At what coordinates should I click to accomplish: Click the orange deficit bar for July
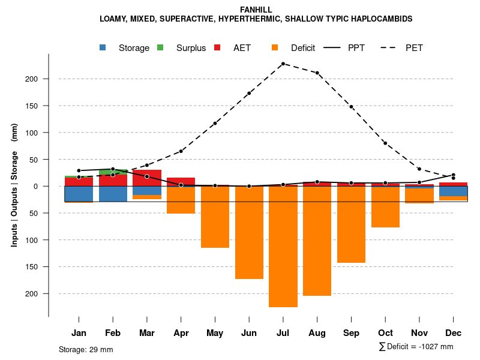point(283,247)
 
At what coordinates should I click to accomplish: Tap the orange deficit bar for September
point(351,225)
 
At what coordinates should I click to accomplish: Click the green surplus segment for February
point(113,172)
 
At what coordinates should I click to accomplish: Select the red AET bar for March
point(147,178)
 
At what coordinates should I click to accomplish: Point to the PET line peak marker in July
point(283,64)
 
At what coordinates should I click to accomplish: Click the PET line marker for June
point(249,94)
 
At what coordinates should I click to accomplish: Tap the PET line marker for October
point(385,143)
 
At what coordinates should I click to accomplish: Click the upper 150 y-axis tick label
point(32,106)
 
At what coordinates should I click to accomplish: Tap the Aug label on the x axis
point(317,333)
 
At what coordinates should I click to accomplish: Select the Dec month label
point(453,333)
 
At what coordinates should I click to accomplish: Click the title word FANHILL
point(256,10)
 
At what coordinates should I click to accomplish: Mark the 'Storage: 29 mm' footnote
point(86,349)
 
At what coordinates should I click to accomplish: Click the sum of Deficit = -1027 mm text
point(416,347)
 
